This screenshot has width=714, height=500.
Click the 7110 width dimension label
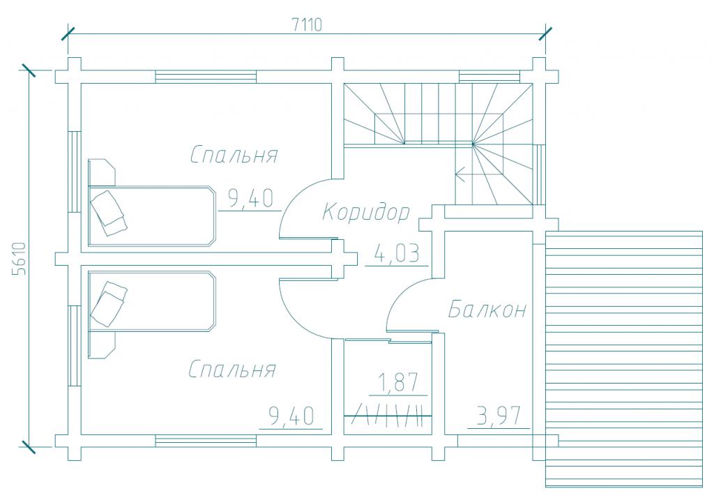(307, 24)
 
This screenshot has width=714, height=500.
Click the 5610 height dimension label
(20, 258)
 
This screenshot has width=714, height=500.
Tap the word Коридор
(366, 213)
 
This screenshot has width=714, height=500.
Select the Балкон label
(487, 310)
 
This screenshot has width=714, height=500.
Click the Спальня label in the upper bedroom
(234, 154)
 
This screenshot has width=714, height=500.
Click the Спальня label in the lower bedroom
(232, 369)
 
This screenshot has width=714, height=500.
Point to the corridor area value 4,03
(396, 253)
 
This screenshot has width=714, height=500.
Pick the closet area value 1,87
(397, 382)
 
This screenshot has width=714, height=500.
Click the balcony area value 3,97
(499, 416)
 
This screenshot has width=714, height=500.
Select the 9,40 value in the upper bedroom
(250, 199)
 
